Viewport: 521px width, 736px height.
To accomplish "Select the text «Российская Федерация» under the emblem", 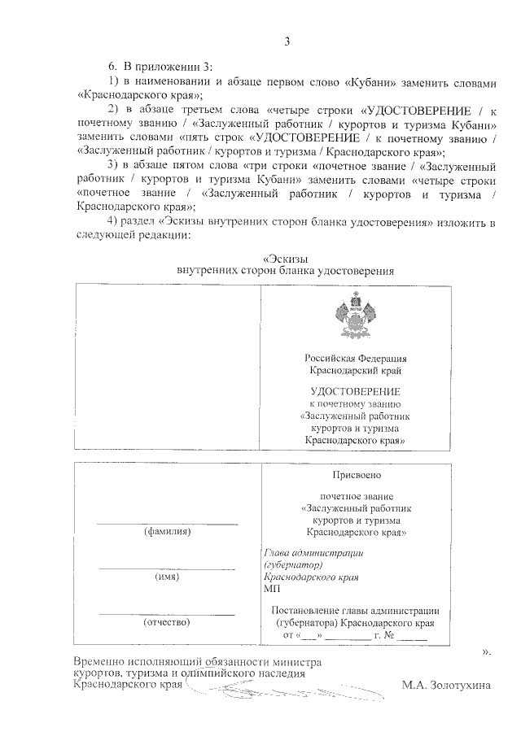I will (x=356, y=358).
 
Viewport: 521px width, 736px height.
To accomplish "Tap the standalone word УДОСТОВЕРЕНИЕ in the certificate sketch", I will (x=356, y=391).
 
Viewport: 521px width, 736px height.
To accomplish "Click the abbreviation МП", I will (x=272, y=588).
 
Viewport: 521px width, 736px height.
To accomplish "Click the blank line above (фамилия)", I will (x=167, y=523).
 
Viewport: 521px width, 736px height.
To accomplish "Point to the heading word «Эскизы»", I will (x=286, y=258).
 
